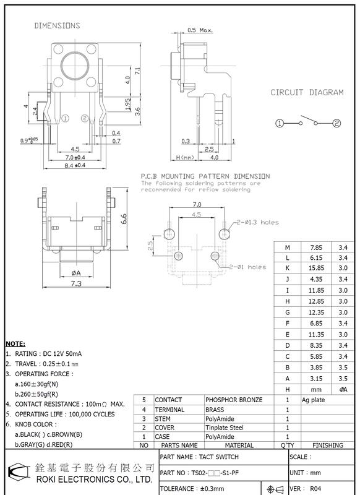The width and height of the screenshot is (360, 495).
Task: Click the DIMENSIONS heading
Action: point(56,26)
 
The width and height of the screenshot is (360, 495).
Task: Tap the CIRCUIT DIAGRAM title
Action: point(307,92)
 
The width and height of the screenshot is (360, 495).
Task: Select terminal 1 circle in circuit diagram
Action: point(280,123)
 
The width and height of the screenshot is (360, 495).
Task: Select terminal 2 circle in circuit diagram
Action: point(336,123)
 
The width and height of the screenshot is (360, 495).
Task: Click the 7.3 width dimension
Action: point(77,283)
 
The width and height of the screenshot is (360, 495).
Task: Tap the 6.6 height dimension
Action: point(124,218)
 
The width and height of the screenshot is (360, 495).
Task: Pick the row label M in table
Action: point(287,247)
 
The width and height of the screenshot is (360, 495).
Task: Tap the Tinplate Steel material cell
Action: point(229,428)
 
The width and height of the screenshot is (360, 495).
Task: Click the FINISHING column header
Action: point(328,445)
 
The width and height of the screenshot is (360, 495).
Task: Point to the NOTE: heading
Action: point(15,343)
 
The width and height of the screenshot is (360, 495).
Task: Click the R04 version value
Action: point(315,488)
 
